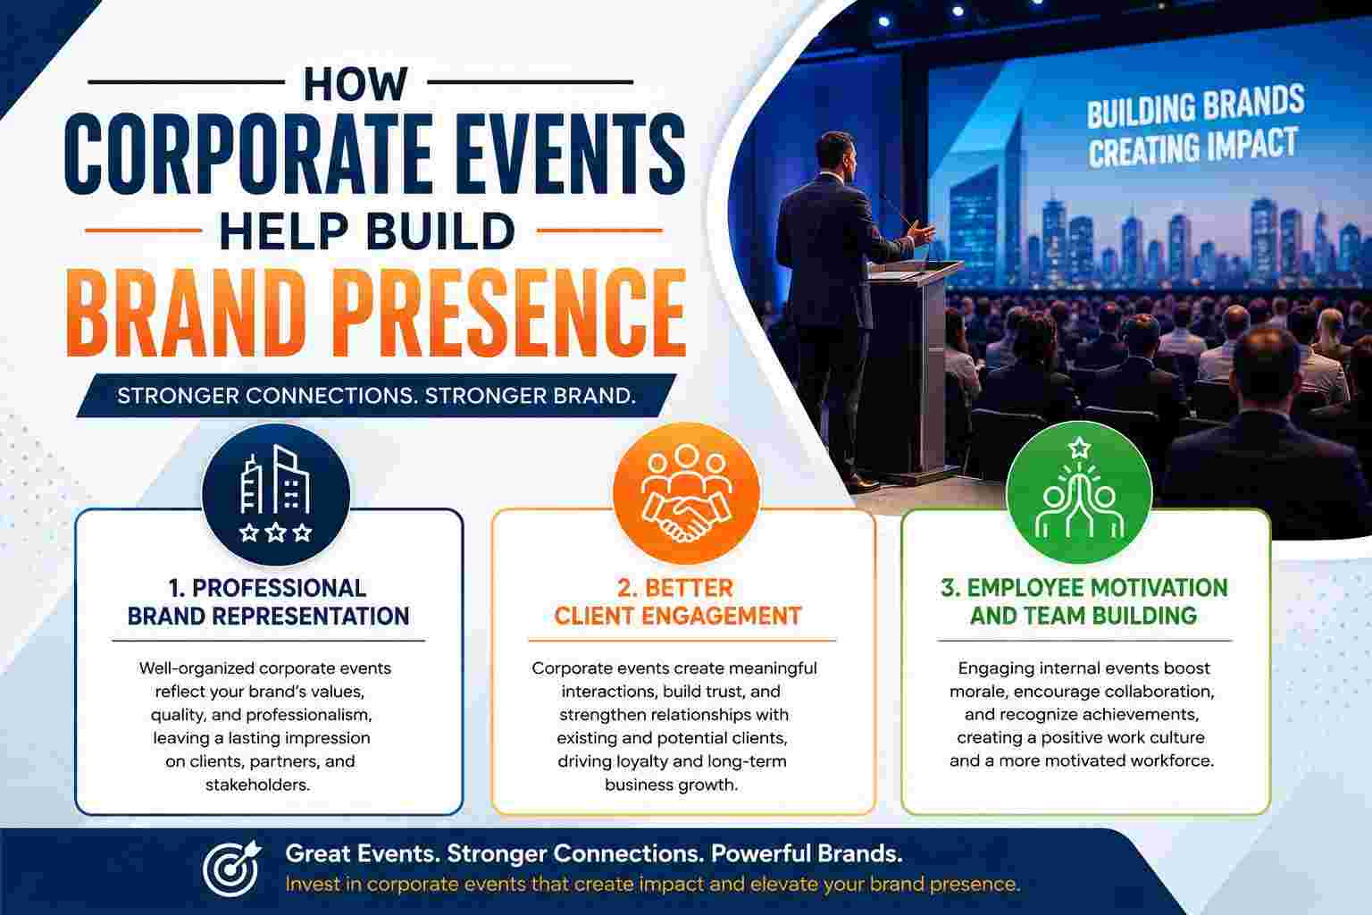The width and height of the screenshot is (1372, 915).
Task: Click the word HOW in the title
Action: (356, 83)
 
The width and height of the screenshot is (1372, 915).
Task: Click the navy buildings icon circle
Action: (276, 494)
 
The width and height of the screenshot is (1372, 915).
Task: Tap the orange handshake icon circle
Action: (686, 492)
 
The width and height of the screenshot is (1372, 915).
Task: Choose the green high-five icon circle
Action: (1079, 492)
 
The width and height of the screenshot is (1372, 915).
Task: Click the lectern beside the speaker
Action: (913, 368)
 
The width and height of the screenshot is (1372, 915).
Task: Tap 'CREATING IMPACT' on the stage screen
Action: (1193, 147)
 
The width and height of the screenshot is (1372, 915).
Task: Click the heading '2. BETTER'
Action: (675, 588)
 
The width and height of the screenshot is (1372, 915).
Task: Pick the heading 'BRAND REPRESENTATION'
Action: (268, 616)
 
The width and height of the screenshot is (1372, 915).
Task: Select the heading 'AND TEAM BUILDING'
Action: (1083, 616)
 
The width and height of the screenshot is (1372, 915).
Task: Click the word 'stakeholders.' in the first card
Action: (258, 785)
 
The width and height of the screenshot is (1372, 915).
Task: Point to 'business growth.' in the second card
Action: (672, 785)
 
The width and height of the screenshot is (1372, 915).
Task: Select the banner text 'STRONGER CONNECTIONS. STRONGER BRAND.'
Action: (377, 396)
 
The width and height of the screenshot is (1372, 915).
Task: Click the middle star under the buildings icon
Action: (276, 532)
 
